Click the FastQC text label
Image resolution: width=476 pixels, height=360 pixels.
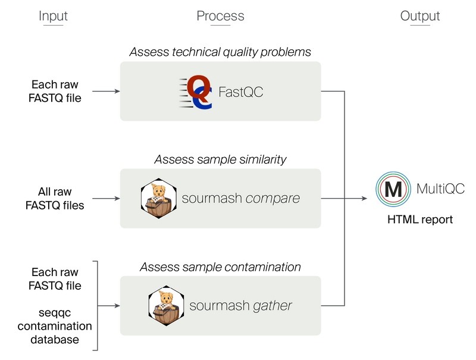pos(240,92)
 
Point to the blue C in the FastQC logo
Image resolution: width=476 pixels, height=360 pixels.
pos(203,99)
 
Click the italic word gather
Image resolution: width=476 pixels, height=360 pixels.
pos(273,306)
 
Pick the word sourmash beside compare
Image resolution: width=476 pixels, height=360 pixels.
pos(213,198)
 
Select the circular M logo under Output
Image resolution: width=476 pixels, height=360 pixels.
pos(393,189)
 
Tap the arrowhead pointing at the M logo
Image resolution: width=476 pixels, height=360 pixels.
pos(364,199)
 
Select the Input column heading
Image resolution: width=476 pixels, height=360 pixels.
pos(54,16)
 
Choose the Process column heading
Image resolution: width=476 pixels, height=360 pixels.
pos(220,16)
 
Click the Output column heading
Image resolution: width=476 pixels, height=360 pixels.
pos(420,16)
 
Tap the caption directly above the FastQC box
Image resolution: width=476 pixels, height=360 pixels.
pos(220,52)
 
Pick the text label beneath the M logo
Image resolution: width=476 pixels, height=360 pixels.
pos(420,220)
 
